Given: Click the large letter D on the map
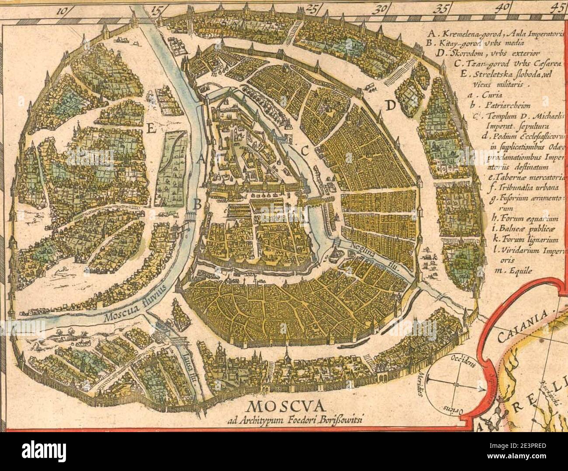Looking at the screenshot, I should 390,105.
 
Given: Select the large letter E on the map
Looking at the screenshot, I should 152,128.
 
